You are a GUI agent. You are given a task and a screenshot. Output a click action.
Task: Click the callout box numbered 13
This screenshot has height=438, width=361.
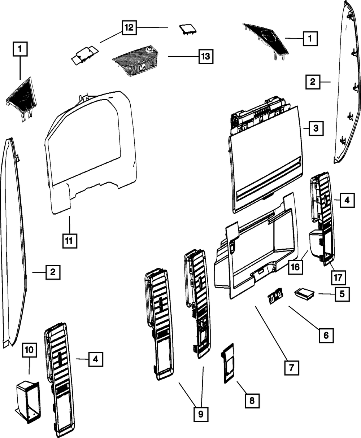pyautogui.click(x=206, y=56)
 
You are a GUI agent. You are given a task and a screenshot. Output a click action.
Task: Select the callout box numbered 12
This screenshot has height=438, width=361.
pyautogui.click(x=129, y=27)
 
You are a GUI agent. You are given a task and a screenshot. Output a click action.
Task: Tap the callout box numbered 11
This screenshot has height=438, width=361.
pyautogui.click(x=70, y=241)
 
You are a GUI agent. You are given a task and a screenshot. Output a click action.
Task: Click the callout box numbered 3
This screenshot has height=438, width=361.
pyautogui.click(x=316, y=128)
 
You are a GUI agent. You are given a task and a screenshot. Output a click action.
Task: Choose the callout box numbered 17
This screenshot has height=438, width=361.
pyautogui.click(x=338, y=278)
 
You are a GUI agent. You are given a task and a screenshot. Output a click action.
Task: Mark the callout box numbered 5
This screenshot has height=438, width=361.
pyautogui.click(x=342, y=294)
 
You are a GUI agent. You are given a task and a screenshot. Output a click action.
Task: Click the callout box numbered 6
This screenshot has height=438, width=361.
pyautogui.click(x=326, y=336)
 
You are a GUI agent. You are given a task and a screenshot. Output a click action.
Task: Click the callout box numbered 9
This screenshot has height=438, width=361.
pyautogui.click(x=201, y=414)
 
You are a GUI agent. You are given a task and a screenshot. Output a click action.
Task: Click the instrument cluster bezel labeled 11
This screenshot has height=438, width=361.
pyautogui.click(x=91, y=153)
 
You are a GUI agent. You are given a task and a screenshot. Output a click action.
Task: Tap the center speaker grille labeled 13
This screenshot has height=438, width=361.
pyautogui.click(x=135, y=61)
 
